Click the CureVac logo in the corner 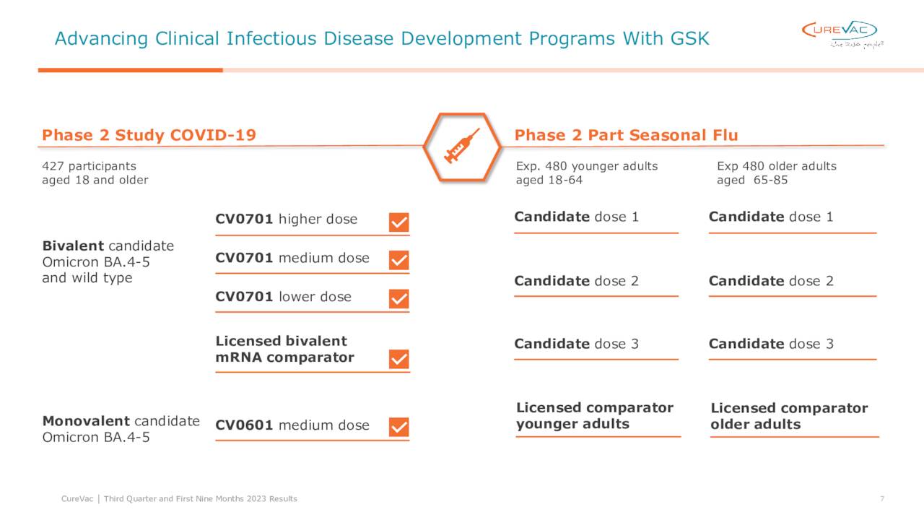tap(842, 32)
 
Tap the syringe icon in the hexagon tap(461, 146)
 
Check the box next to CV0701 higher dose tap(398, 222)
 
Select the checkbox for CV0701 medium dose tap(398, 260)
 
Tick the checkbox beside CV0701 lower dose tap(398, 298)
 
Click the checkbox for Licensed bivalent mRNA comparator tap(398, 359)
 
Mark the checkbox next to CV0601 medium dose tap(398, 427)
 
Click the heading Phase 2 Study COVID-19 tap(149, 135)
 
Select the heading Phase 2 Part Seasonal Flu tap(626, 135)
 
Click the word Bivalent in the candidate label tap(73, 246)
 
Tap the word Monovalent tap(86, 421)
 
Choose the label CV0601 tap(244, 425)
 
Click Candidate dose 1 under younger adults tap(576, 217)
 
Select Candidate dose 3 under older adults tap(771, 344)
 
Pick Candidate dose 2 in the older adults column tap(771, 281)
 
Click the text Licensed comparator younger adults tap(594, 416)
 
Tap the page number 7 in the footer tap(882, 499)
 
